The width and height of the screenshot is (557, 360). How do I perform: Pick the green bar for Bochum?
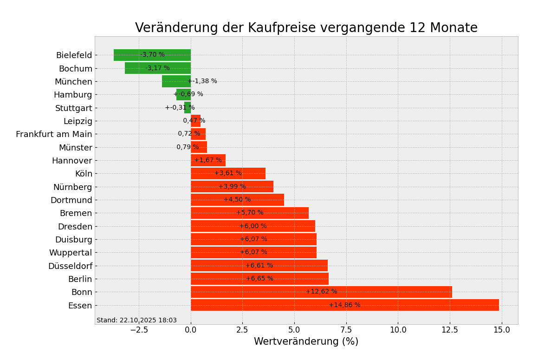tap(135, 68)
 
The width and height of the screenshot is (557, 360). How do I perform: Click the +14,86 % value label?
tap(344, 305)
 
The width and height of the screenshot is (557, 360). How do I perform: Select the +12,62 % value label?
tap(321, 292)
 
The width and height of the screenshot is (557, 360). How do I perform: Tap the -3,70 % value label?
tap(153, 55)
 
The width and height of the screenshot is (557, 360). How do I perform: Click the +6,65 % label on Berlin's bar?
tap(259, 279)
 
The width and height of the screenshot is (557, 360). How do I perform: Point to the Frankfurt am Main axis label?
tap(54, 134)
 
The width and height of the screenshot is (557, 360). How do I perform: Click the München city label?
tap(73, 82)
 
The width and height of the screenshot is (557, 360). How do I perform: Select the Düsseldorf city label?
tap(70, 266)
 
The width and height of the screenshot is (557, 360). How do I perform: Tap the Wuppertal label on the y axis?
tap(71, 253)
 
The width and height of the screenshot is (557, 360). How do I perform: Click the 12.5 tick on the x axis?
tap(449, 330)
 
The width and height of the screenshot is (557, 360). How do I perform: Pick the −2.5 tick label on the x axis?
tap(139, 330)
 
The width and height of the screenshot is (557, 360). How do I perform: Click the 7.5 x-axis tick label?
tap(346, 330)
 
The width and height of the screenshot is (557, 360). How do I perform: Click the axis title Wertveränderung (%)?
tap(306, 342)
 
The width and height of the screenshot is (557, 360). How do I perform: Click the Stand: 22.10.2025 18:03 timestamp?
tap(136, 320)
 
